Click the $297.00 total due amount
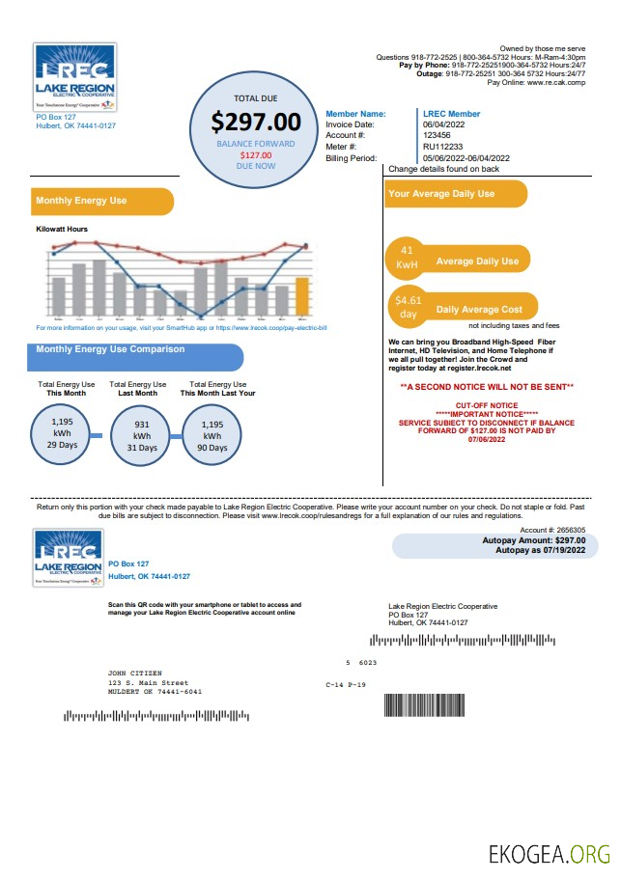pyautogui.click(x=256, y=123)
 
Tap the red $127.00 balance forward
pyautogui.click(x=256, y=154)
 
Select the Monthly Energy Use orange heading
pyautogui.click(x=81, y=201)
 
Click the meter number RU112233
pyautogui.click(x=442, y=147)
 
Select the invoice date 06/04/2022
pyautogui.click(x=444, y=125)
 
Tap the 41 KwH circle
pyautogui.click(x=407, y=257)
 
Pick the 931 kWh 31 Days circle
pyautogui.click(x=140, y=435)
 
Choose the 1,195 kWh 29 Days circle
pyautogui.click(x=62, y=433)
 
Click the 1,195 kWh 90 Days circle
pyautogui.click(x=213, y=435)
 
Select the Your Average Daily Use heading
pyautogui.click(x=441, y=194)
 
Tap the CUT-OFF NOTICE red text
pyautogui.click(x=487, y=405)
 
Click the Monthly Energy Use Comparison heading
pyautogui.click(x=110, y=349)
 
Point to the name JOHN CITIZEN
pyautogui.click(x=135, y=673)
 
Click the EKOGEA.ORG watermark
pyautogui.click(x=550, y=854)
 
